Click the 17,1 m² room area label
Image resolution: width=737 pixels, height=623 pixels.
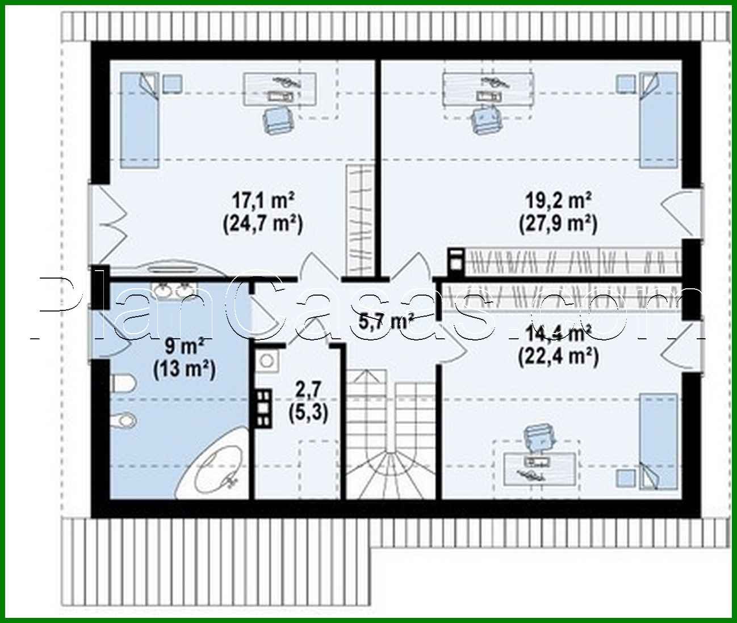[262, 200]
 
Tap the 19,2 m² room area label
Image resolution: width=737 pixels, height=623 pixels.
[558, 200]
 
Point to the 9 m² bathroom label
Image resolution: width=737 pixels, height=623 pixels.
[183, 347]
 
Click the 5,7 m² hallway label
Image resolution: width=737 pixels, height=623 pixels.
[386, 322]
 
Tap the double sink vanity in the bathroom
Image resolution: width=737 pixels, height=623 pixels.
[171, 291]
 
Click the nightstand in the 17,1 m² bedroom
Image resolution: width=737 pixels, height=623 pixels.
[173, 83]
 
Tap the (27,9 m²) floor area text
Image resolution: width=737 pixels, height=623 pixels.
[558, 224]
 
